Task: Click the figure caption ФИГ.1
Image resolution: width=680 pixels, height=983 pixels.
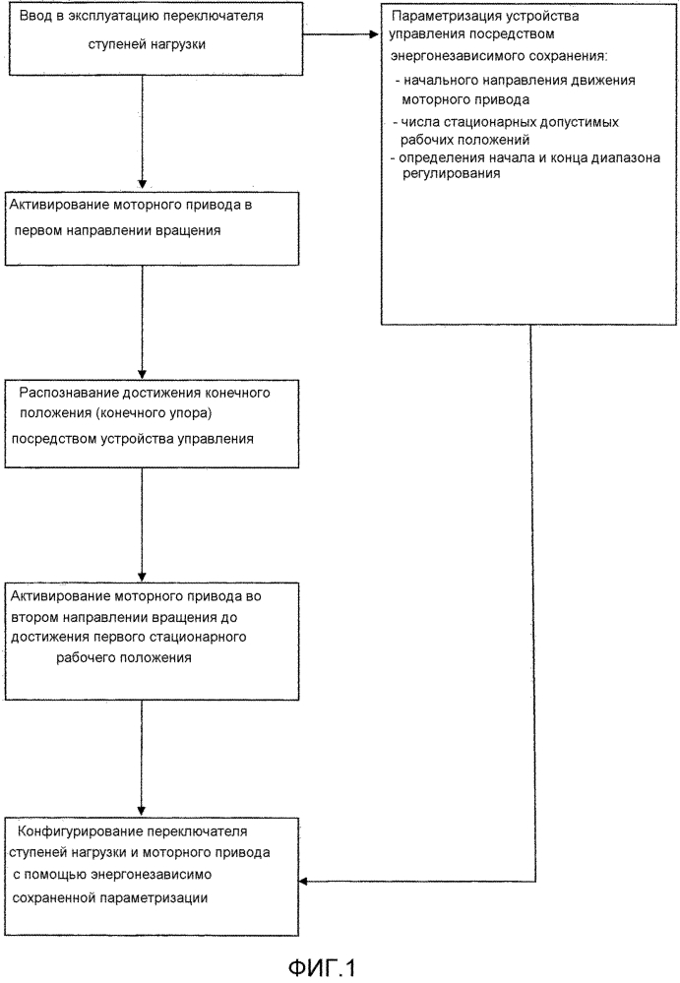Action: (322, 967)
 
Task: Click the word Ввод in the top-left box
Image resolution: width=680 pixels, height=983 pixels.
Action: (35, 17)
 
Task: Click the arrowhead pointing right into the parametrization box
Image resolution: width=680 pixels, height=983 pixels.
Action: (374, 33)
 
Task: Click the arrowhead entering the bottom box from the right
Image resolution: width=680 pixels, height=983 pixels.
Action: (303, 882)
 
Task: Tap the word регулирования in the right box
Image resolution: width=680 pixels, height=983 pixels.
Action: (452, 173)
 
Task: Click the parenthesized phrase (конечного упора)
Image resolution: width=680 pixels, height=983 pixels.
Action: (155, 413)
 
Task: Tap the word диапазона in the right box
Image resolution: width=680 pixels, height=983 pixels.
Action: (629, 158)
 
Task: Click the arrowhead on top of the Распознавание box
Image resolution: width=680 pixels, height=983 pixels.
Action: (142, 374)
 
